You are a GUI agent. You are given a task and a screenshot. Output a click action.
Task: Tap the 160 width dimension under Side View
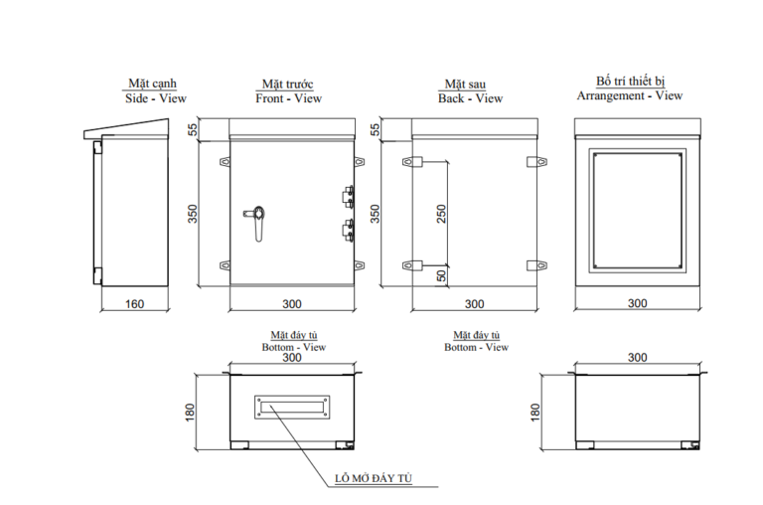[135, 304]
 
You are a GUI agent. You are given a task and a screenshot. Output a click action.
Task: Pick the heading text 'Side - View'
[155, 98]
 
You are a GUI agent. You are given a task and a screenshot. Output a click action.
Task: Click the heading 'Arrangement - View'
[630, 95]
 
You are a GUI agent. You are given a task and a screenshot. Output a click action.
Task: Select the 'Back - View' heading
[470, 98]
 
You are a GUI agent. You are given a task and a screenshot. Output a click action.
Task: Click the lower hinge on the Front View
[348, 231]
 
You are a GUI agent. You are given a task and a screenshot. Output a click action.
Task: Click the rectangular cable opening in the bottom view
[292, 405]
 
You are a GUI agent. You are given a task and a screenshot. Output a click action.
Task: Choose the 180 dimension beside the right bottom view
[535, 412]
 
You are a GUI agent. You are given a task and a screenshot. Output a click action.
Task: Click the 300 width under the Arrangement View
[637, 304]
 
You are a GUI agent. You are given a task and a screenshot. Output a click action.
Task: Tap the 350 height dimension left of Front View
[195, 214]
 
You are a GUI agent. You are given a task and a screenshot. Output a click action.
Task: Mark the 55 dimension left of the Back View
[375, 130]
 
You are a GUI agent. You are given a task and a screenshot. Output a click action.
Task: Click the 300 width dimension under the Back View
[475, 304]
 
